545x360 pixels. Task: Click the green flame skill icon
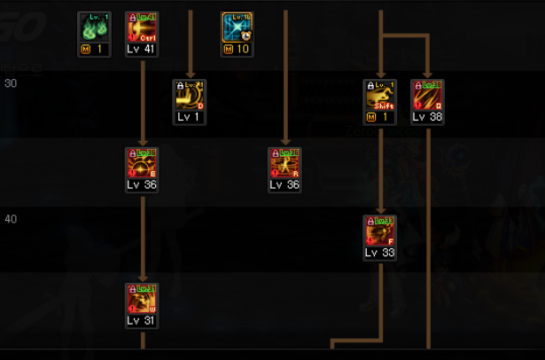tap(95, 27)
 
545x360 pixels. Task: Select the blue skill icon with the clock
tap(237, 27)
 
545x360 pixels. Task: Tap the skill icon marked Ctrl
tap(142, 27)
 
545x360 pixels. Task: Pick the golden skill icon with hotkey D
tap(190, 96)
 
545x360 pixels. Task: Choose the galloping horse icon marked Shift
tap(379, 96)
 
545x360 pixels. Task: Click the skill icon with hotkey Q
tap(427, 96)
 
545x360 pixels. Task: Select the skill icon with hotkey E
tap(142, 164)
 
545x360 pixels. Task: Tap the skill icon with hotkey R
tap(284, 164)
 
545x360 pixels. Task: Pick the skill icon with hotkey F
tap(379, 231)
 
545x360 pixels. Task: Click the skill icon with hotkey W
tap(142, 300)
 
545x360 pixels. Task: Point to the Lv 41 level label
tap(142, 50)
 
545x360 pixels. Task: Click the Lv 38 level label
tap(427, 117)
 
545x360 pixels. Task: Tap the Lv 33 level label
tap(379, 253)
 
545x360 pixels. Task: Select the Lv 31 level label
tap(142, 321)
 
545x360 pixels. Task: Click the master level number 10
tap(242, 50)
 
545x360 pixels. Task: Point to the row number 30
tap(11, 83)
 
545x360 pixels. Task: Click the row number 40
tap(11, 219)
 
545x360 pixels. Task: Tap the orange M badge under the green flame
tap(86, 50)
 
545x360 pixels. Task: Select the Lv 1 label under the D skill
tap(190, 117)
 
